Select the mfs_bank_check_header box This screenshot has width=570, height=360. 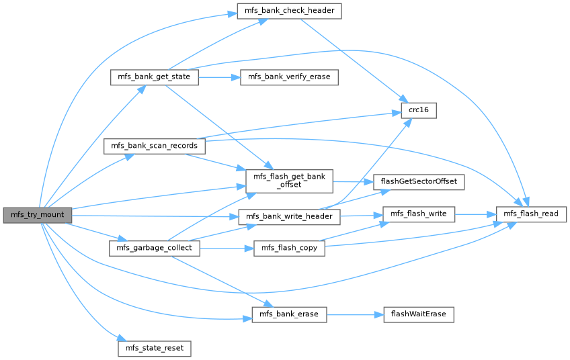[289, 11]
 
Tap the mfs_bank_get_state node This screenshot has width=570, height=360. [154, 77]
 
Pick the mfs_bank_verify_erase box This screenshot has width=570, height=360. [289, 77]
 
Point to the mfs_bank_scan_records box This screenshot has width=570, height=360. [154, 146]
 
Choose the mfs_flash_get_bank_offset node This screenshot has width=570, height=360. [290, 180]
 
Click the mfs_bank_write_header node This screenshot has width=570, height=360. [290, 216]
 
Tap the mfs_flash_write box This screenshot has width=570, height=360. [418, 214]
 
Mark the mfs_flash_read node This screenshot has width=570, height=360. [531, 214]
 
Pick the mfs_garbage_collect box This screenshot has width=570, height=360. [154, 249]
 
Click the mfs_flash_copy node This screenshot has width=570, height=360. [289, 249]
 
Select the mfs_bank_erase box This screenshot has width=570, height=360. [289, 314]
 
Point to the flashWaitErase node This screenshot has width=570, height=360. [418, 314]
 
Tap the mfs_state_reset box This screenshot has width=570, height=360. [154, 349]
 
